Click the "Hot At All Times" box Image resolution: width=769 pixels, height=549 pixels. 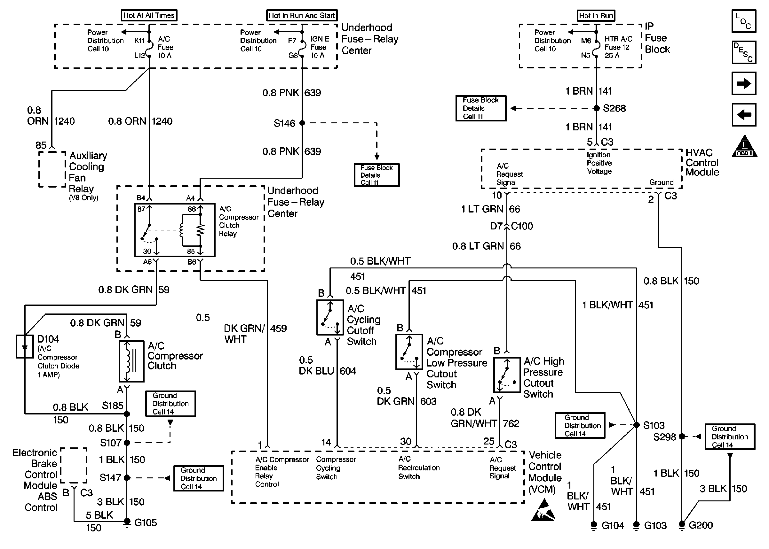[x=149, y=15]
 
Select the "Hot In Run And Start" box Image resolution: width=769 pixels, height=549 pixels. [x=301, y=15]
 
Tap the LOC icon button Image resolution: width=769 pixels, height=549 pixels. [x=743, y=21]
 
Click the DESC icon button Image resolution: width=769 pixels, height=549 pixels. [x=743, y=52]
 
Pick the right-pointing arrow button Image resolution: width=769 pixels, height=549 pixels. [x=743, y=83]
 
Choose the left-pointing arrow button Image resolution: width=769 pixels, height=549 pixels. [x=743, y=115]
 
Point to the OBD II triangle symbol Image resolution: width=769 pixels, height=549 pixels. [x=744, y=147]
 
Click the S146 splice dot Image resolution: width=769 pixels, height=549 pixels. [x=302, y=123]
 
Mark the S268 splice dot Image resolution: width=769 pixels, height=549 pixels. [x=597, y=108]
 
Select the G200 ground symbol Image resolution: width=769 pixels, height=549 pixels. [x=682, y=525]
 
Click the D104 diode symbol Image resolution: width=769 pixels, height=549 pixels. [x=25, y=346]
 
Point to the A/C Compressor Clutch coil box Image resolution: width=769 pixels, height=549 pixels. [x=131, y=361]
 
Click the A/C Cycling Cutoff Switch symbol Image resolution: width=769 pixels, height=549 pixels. [x=330, y=317]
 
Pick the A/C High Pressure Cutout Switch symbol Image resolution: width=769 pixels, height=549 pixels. [x=506, y=375]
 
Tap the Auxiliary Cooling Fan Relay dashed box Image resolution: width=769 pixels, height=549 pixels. [x=52, y=169]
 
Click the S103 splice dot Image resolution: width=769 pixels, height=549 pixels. [x=636, y=425]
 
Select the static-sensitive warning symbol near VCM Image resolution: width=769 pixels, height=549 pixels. [x=543, y=510]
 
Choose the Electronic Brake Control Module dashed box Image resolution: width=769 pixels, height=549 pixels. [x=74, y=465]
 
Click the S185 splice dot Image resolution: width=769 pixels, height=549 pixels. [x=127, y=414]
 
